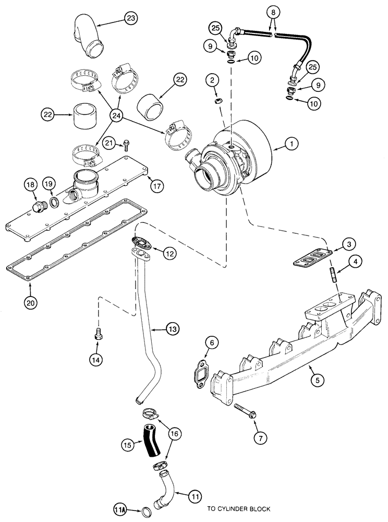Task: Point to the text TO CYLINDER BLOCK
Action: click(x=238, y=508)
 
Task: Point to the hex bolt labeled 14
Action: click(x=98, y=336)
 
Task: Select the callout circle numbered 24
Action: click(x=116, y=115)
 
